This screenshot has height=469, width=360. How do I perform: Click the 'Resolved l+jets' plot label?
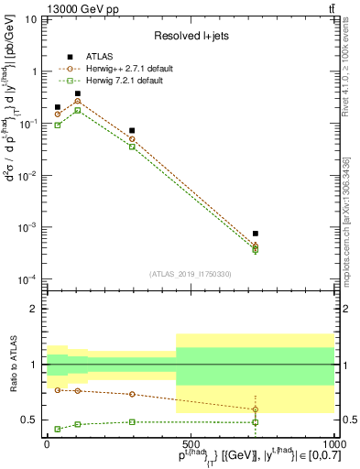[x=191, y=36]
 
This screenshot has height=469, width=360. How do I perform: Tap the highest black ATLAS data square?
[x=78, y=93]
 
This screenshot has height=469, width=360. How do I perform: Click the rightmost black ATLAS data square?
[x=256, y=234]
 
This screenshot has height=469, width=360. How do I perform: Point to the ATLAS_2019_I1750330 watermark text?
[x=191, y=273]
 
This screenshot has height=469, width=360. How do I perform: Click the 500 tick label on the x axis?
[x=191, y=442]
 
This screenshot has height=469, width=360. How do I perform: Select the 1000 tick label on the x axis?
[x=333, y=442]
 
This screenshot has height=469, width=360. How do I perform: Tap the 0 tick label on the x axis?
[x=48, y=442]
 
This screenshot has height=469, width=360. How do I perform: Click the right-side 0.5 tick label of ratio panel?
[x=346, y=420]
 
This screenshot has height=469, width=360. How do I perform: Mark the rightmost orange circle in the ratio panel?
[x=256, y=409]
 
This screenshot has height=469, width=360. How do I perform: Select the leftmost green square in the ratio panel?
[x=58, y=429]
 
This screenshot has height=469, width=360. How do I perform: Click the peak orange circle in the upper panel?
[x=78, y=102]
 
